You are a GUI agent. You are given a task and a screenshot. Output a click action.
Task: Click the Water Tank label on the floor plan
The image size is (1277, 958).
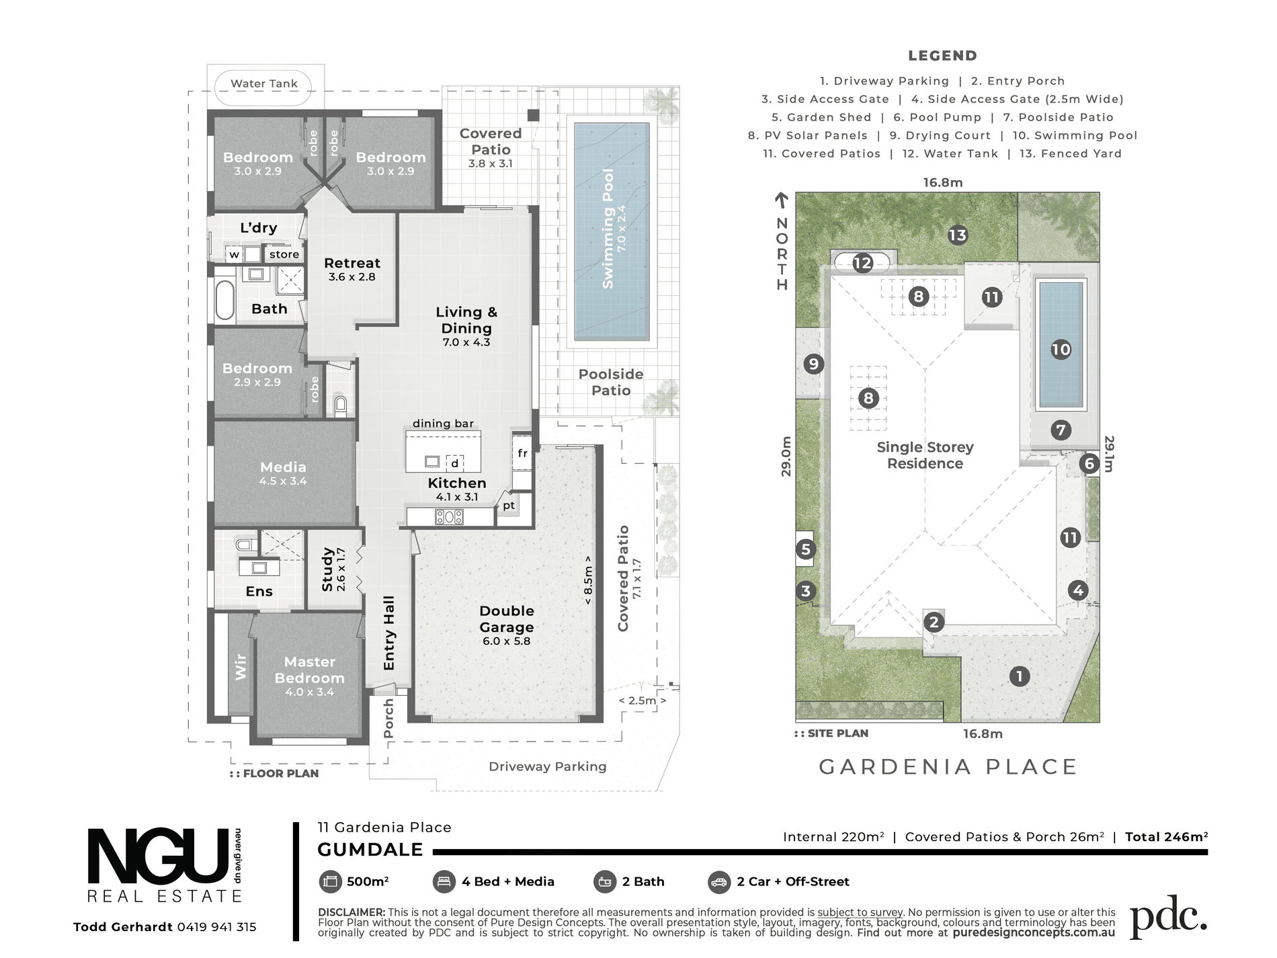click(x=264, y=84)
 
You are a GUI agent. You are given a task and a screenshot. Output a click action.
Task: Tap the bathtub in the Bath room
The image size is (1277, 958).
click(x=224, y=299)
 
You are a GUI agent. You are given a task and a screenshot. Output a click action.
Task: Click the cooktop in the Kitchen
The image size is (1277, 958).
click(x=449, y=517)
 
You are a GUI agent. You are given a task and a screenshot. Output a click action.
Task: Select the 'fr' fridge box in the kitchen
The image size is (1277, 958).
click(x=522, y=454)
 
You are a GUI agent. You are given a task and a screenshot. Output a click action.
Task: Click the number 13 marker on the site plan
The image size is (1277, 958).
click(x=957, y=235)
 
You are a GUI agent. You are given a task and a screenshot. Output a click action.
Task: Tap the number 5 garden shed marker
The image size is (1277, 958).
click(x=806, y=549)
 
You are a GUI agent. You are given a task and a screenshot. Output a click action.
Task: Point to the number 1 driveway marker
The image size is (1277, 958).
click(x=1020, y=676)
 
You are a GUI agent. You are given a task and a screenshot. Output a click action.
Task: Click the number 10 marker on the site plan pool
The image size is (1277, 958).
click(x=1061, y=350)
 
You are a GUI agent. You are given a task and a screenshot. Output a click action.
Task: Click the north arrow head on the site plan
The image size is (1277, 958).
click(x=781, y=197)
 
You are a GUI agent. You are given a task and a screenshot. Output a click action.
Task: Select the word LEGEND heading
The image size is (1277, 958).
click(x=942, y=56)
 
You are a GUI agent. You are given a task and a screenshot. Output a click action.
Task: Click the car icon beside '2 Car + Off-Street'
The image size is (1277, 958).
click(x=719, y=882)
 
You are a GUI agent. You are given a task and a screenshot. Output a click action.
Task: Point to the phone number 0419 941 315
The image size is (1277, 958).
click(x=217, y=927)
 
